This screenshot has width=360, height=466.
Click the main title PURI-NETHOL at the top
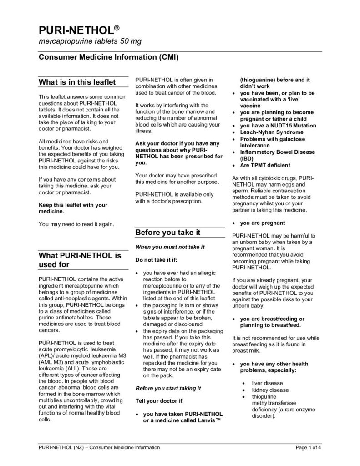[x=75, y=30]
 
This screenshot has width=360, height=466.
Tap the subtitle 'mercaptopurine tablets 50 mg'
[x=90, y=41]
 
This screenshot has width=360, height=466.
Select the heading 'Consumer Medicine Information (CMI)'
[x=108, y=58]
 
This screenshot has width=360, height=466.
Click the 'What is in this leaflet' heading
[x=77, y=82]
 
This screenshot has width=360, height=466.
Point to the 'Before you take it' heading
[x=168, y=233]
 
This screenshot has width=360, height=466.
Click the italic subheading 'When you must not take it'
[x=170, y=247]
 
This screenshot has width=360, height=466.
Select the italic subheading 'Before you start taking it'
[x=168, y=388]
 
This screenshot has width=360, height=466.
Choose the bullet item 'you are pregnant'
[x=263, y=223]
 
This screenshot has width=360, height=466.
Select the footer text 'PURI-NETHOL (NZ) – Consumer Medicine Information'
[x=99, y=448]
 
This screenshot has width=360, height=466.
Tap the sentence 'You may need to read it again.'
[x=76, y=224]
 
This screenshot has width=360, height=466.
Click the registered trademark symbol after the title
[x=117, y=27]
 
